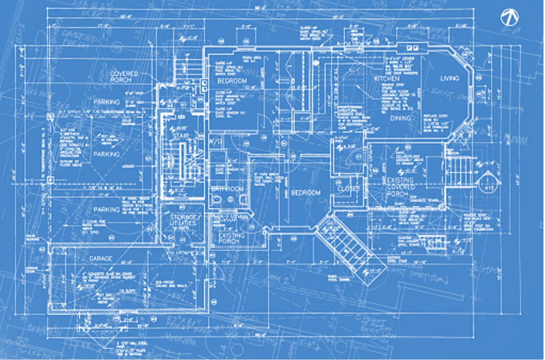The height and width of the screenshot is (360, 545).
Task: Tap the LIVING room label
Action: click(449, 78)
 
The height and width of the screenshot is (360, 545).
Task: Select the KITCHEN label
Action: click(386, 78)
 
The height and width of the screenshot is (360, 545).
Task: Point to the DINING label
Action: click(401, 118)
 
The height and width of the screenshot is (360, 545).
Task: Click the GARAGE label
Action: click(101, 259)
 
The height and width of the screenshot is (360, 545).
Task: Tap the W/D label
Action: click(215, 142)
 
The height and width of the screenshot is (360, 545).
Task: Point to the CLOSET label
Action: click(349, 188)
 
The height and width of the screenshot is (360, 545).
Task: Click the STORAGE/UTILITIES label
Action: click(183, 220)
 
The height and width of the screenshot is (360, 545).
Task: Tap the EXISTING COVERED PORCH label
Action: click(400, 187)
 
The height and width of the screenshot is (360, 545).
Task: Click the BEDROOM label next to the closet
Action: click(305, 193)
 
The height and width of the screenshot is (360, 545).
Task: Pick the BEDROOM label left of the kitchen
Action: click(232, 80)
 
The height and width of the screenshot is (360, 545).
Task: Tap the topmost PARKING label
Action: click(107, 102)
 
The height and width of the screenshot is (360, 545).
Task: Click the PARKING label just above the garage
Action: click(107, 210)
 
